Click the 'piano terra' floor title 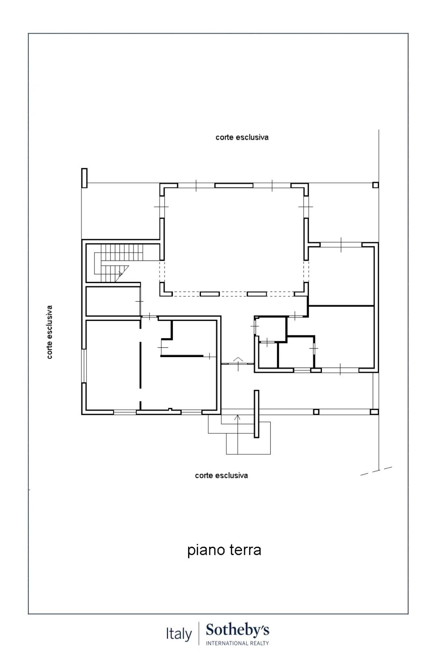click(224, 550)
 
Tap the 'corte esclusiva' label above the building click(242, 137)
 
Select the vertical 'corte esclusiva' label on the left click(49, 332)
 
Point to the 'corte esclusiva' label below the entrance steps click(221, 475)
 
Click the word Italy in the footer click(179, 634)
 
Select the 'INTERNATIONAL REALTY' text click(237, 643)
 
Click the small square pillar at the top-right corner click(376, 185)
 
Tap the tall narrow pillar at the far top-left click(84, 178)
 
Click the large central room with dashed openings click(234, 240)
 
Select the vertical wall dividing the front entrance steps click(256, 414)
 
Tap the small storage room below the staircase click(113, 302)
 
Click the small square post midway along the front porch click(316, 412)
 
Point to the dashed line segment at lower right click(376, 471)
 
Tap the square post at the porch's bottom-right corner click(374, 412)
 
